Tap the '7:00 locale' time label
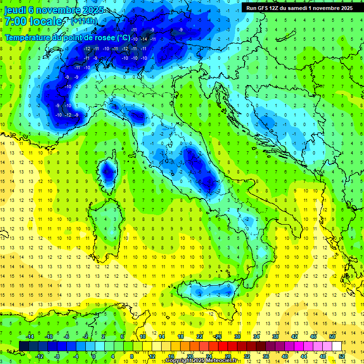coord(34,21)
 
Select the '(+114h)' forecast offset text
coord(84,21)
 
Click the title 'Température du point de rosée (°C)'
coord(67,37)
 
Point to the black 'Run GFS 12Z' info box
coord(299,8)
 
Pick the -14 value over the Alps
coord(144,39)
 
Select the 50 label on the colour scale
coord(332,337)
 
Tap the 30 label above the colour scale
coord(237,337)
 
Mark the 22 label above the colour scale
coord(200,337)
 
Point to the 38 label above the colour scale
coord(275,337)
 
